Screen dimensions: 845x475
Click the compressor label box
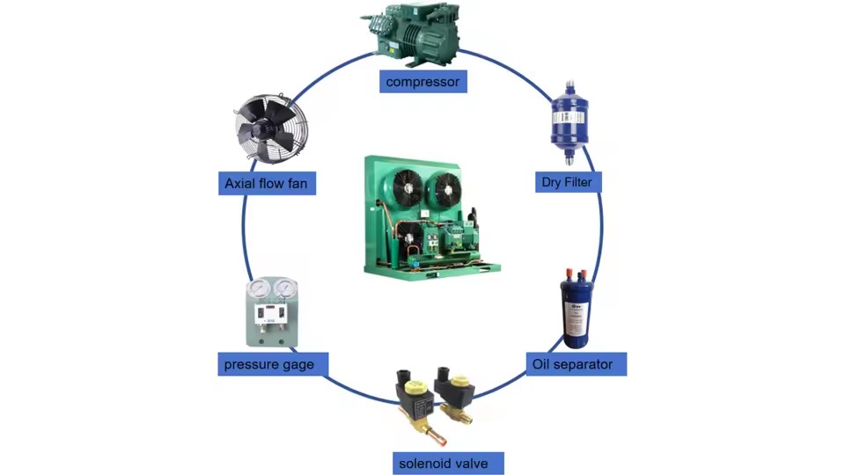click(423, 81)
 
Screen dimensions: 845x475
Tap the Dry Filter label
click(568, 182)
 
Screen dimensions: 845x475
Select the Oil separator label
click(576, 364)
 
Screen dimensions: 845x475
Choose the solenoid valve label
click(448, 464)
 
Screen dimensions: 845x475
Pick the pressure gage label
click(273, 364)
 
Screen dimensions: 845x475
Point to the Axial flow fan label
click(267, 183)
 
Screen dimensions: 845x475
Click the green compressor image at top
click(411, 33)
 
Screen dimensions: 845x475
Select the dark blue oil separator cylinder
click(576, 310)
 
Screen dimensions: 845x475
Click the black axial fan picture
click(270, 128)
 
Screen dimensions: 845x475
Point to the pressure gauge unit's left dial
click(259, 289)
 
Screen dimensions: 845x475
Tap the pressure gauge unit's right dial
click(284, 289)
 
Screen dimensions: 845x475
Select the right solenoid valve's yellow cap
click(460, 382)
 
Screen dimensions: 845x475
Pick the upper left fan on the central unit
click(408, 188)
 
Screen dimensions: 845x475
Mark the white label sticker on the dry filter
click(568, 117)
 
